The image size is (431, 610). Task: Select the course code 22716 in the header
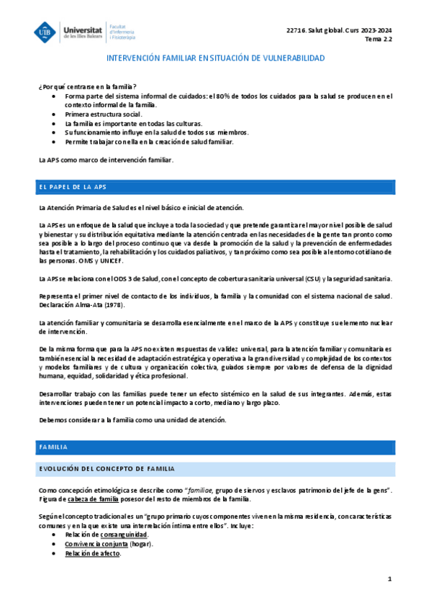[x=296, y=29]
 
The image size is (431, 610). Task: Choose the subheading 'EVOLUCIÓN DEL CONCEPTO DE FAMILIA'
[x=106, y=469]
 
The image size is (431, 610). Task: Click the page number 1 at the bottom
[x=389, y=579]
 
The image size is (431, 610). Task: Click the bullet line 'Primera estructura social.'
[x=103, y=114]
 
